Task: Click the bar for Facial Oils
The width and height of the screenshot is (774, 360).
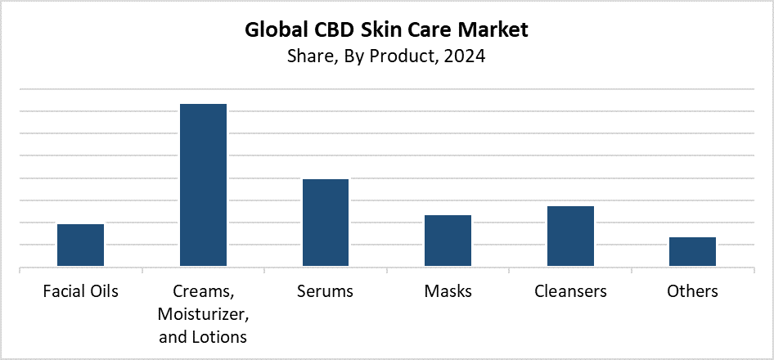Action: [x=80, y=245]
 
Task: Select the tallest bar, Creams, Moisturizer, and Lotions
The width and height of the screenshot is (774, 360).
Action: [x=203, y=185]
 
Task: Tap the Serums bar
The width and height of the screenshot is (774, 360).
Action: [x=326, y=223]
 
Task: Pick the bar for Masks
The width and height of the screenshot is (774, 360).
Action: [x=448, y=241]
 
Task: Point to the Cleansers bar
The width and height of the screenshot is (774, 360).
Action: [x=570, y=236]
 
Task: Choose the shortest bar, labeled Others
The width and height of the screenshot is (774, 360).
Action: [x=692, y=251]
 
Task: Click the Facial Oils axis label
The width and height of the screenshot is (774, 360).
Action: [x=80, y=291]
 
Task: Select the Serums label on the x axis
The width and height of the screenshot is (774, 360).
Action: [x=326, y=291]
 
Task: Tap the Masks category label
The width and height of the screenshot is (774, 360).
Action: [x=448, y=291]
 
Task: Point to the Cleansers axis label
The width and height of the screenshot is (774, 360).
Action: [x=570, y=291]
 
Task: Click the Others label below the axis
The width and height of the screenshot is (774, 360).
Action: [x=692, y=291]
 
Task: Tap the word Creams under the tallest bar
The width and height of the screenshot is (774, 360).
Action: [x=200, y=291]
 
